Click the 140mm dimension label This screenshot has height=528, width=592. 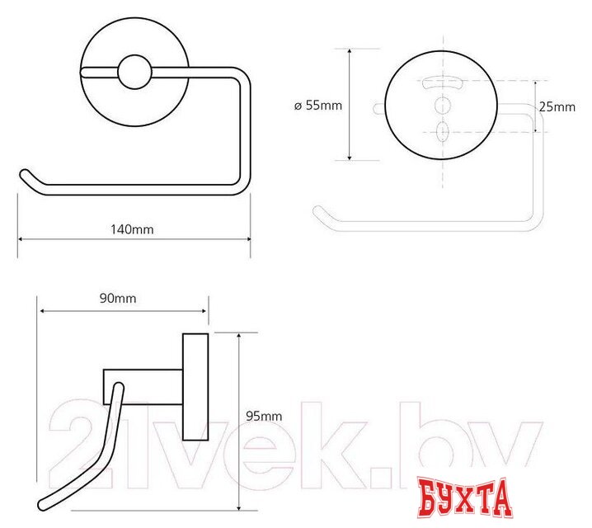coord(132,229)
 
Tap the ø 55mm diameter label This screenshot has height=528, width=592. coord(318,106)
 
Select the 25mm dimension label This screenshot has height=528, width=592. coord(557,107)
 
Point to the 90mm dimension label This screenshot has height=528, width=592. coord(118,299)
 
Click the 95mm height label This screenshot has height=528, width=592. coord(264,416)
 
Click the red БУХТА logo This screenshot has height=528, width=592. coord(465,497)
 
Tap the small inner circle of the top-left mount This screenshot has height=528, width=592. coord(134,72)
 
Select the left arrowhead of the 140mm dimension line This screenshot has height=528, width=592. coord(21,239)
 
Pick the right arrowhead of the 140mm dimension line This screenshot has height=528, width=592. coord(248,239)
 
